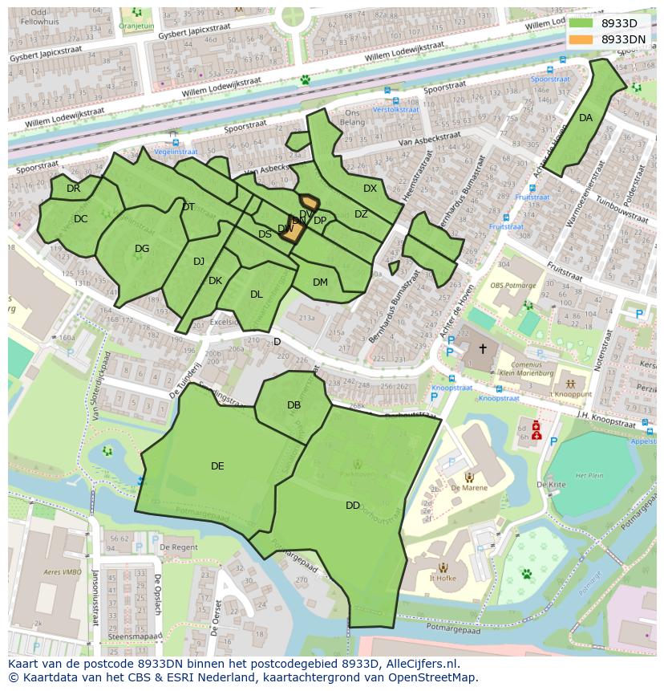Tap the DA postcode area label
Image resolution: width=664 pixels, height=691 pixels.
click(585, 118)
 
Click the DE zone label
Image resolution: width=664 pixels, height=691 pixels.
click(217, 466)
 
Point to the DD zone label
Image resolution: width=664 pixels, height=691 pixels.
click(353, 506)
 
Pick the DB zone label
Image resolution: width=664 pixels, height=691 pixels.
click(294, 405)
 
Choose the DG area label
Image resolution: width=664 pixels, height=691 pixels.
click(142, 249)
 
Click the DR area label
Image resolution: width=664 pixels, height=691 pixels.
click(73, 189)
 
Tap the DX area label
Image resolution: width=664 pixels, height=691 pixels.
click(370, 189)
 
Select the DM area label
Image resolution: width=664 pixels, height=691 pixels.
click(320, 282)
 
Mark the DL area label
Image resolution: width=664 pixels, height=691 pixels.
click(256, 295)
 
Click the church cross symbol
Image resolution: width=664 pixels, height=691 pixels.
click(483, 348)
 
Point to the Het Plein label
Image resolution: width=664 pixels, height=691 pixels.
click(589, 475)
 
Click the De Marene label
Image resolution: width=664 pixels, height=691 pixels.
click(468, 487)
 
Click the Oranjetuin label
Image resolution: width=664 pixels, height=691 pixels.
click(136, 25)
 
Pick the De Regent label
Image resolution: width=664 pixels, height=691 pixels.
click(178, 547)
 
